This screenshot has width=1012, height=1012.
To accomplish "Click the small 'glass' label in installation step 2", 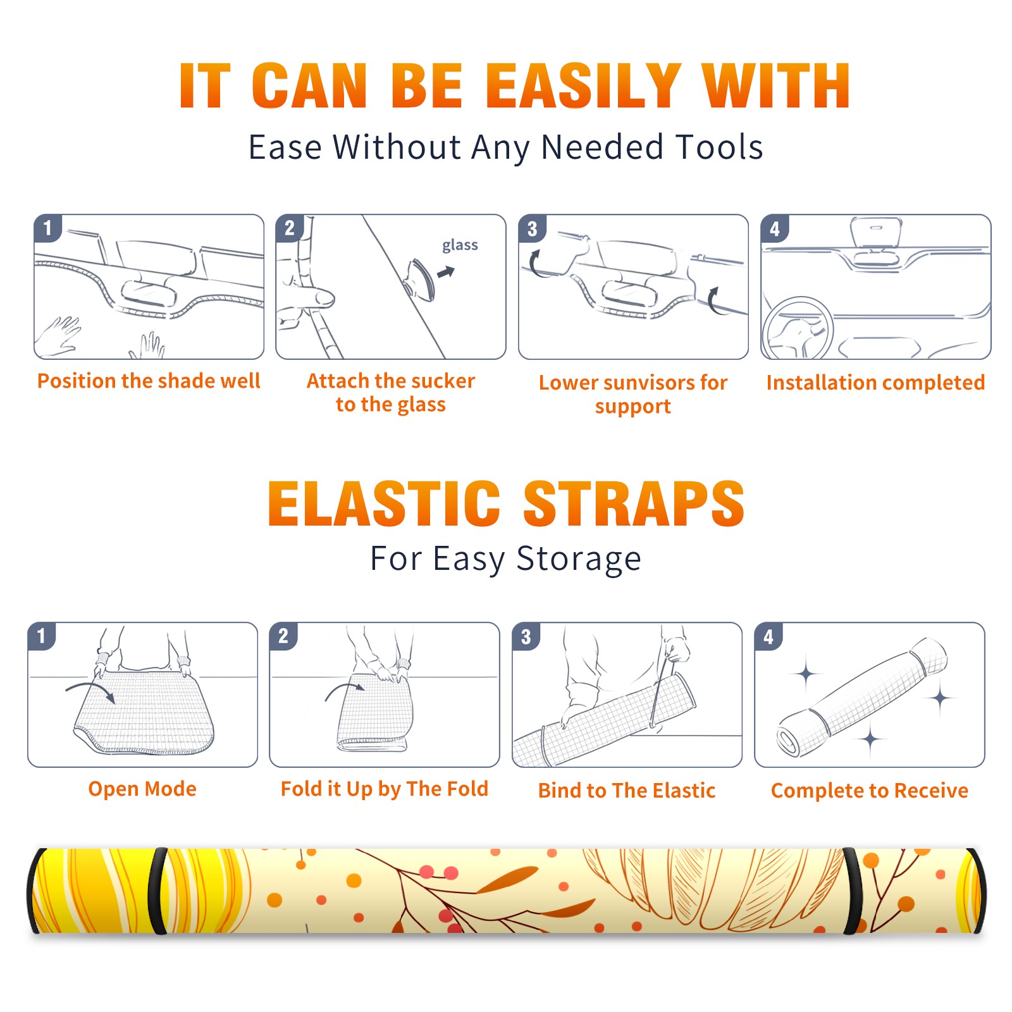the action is click(460, 245).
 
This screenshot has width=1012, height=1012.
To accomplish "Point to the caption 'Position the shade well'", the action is click(149, 381).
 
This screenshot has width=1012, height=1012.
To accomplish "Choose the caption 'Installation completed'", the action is click(875, 383).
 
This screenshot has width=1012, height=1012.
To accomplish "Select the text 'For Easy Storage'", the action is click(505, 559).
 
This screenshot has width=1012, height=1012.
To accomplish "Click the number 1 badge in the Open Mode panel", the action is click(42, 636).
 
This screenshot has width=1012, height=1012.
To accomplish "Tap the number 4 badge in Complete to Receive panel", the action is click(768, 636).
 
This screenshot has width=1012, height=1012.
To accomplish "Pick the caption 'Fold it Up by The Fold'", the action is click(385, 789).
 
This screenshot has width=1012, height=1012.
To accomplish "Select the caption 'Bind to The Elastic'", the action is click(627, 791).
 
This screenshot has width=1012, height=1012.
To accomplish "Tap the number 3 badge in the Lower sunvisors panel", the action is click(532, 228).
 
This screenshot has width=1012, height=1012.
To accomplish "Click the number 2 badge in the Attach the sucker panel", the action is click(290, 228).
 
